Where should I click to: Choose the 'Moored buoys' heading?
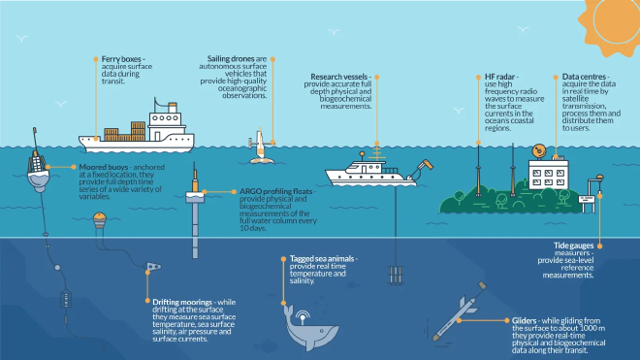point(101,166)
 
